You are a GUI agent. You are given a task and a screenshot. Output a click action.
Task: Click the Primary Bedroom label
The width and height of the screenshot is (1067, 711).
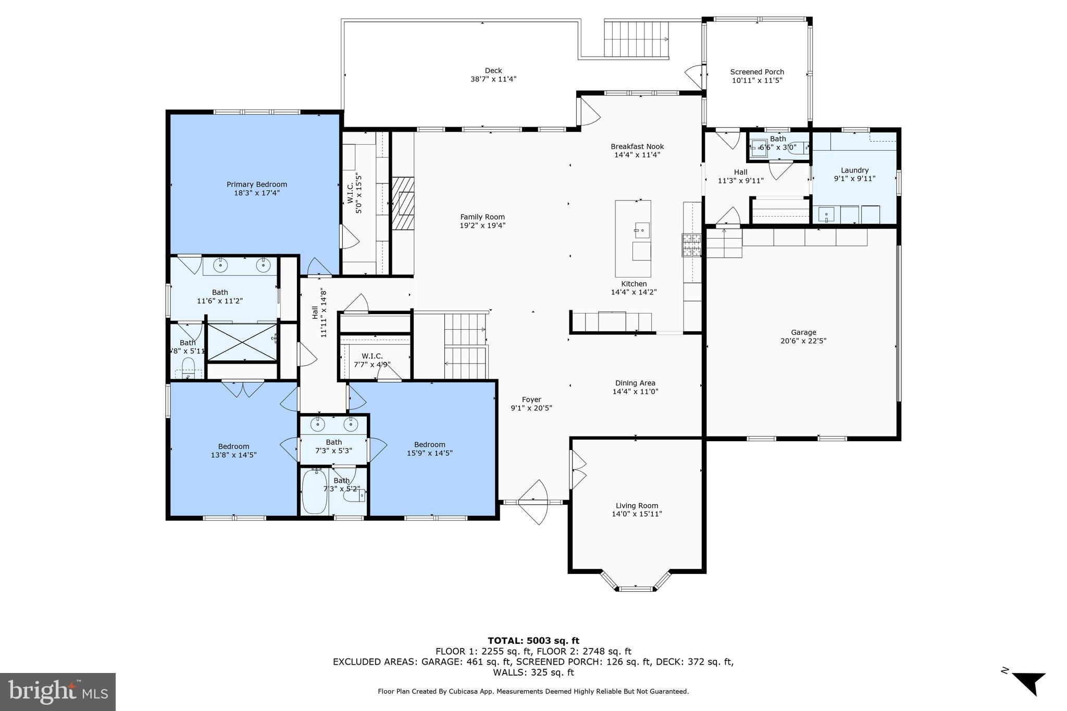[256, 184]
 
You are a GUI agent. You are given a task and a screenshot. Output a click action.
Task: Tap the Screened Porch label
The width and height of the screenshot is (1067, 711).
[756, 72]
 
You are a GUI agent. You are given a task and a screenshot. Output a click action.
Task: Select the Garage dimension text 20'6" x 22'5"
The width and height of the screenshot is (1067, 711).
[803, 341]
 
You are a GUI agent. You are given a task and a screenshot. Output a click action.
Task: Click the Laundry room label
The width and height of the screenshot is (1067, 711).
[854, 170]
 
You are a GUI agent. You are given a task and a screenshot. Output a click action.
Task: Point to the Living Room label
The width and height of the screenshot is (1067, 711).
[637, 505]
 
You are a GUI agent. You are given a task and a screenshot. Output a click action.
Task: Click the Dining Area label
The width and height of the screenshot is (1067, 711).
[635, 383]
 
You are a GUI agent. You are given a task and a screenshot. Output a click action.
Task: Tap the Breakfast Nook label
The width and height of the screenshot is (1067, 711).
[637, 146]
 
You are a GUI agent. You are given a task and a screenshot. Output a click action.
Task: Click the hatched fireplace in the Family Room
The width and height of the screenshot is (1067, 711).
[403, 204]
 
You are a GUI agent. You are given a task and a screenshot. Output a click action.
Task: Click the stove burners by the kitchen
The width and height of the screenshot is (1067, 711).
[692, 245]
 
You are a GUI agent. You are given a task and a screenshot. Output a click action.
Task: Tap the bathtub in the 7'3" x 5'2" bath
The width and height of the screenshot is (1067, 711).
[314, 491]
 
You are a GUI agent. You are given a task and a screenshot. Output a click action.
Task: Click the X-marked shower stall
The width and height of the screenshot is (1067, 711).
[242, 342]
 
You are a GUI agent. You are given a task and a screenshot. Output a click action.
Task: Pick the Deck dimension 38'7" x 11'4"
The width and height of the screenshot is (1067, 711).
[493, 79]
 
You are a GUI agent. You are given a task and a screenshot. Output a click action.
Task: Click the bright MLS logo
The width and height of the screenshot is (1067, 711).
[58, 692]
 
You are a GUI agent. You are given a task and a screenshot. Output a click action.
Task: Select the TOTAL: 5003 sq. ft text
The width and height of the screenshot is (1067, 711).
[533, 641]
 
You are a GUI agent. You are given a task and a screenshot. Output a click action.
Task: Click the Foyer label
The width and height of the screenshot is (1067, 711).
[531, 400]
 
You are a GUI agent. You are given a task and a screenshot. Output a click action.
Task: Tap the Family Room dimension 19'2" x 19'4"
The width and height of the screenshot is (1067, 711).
[482, 226]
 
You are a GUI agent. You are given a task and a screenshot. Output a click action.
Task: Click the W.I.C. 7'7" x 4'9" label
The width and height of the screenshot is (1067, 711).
[372, 356]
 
